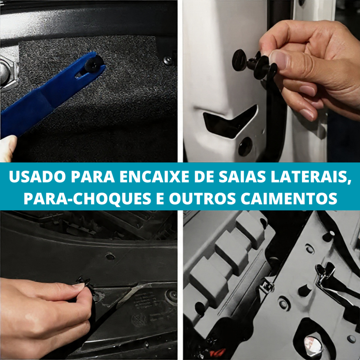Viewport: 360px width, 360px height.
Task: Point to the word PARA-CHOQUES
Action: pos(88,198)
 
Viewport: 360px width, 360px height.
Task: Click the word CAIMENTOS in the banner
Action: pos(289,198)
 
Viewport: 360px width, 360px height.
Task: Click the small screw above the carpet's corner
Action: pos(168,60)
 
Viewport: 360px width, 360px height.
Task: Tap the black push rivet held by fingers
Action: pos(255,63)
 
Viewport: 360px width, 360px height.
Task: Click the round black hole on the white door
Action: pos(245,147)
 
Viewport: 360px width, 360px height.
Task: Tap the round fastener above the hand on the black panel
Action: pos(110,256)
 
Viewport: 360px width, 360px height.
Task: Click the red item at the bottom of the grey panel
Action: pos(218,352)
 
